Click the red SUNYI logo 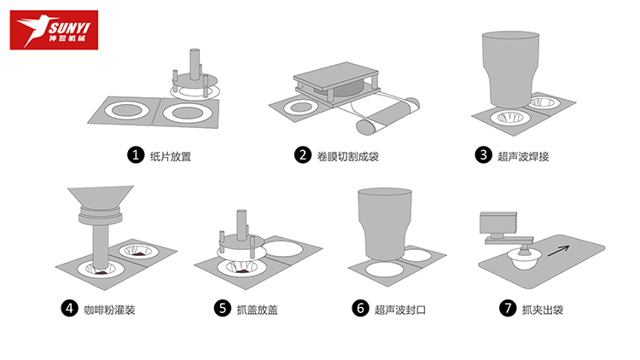pos(54,30)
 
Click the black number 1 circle pos(136,155)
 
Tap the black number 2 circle pos(303,155)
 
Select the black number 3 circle pos(483,155)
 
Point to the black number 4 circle pos(69,308)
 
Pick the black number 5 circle pos(223,308)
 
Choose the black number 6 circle pos(360,308)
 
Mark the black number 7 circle pos(508,308)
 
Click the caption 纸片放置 pos(171,156)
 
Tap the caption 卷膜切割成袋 pos(348,156)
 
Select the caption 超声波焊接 pos(523,156)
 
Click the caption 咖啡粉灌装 pos(109,310)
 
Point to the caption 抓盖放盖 pos(257,310)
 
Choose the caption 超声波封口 pos(400,310)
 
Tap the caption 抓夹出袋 pos(543,310)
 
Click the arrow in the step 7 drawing pos(558,251)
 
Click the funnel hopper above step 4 pos(101,197)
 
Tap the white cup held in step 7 pos(524,259)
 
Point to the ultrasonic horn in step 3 pos(510,68)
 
